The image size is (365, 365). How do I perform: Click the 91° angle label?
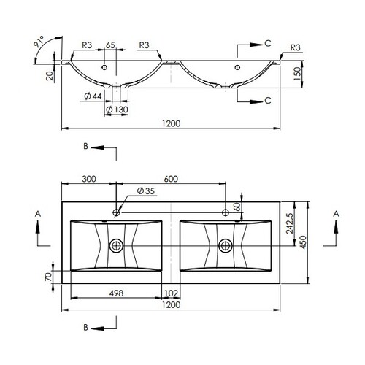[x=39, y=42]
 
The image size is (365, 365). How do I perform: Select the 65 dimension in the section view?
[x=110, y=45]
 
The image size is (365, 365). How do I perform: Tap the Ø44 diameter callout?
[x=93, y=96]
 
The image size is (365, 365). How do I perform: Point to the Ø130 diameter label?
[x=117, y=109]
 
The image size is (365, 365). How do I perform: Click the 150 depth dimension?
[x=297, y=74]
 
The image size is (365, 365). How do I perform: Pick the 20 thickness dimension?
[x=50, y=76]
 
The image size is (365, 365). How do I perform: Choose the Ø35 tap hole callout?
[x=146, y=191]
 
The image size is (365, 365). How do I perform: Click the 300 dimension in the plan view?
[x=89, y=179]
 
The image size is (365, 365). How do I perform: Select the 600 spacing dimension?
[x=171, y=179]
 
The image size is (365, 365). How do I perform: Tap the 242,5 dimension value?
[x=290, y=223]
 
